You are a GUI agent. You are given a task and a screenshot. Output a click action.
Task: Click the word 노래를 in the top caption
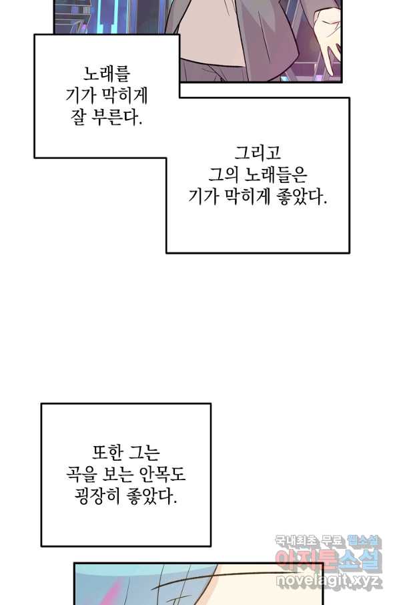tap(107, 73)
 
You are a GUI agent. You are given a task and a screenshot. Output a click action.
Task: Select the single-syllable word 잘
tap(78, 117)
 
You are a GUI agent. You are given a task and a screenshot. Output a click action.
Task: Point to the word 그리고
tap(258, 153)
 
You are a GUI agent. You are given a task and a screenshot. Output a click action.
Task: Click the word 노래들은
tap(276, 174)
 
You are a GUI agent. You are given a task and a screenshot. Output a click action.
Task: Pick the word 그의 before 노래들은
tap(224, 174)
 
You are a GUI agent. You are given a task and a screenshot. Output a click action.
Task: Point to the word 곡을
tap(81, 475)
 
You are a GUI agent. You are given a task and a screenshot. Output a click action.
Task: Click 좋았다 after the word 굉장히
tap(151, 497)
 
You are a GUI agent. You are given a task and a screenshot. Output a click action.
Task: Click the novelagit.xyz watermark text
tap(329, 580)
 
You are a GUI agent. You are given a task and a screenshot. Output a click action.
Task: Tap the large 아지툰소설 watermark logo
tap(328, 560)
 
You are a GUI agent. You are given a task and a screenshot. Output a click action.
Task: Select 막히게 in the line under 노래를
tap(122, 95)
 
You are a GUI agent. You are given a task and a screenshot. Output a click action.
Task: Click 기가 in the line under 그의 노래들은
tap(204, 196)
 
